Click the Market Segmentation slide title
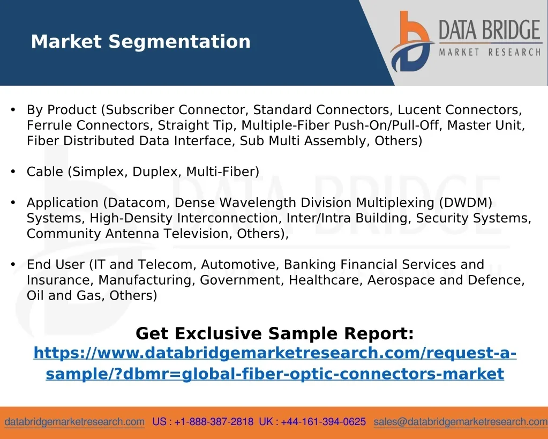[140, 42]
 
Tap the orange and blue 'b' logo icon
[411, 41]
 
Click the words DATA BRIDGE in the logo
[490, 29]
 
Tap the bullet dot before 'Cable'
[13, 172]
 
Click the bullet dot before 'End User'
[13, 264]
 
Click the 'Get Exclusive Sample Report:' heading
[275, 333]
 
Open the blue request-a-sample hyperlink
[275, 363]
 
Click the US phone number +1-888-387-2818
[214, 421]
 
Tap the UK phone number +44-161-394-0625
[323, 421]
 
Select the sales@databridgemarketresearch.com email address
[461, 422]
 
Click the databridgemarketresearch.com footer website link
[74, 422]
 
